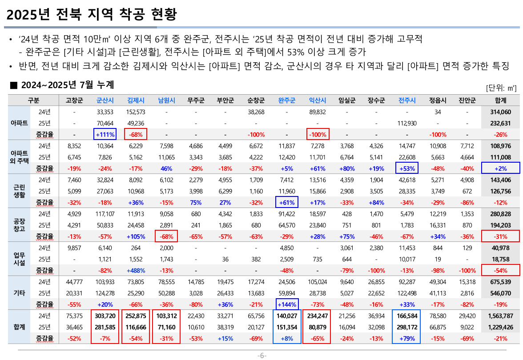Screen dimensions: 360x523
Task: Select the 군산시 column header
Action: pos(105,100)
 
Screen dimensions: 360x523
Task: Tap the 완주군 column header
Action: pos(286,100)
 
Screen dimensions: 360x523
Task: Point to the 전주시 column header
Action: pos(407,100)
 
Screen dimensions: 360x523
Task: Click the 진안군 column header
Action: pos(467,100)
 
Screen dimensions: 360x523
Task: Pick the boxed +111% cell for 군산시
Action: pos(105,134)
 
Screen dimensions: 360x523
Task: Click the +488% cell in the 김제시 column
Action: pos(136,270)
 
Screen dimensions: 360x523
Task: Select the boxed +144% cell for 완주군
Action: pos(286,304)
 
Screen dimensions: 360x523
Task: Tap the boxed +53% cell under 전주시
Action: pos(407,168)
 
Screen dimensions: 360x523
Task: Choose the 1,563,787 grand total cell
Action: pos(500,316)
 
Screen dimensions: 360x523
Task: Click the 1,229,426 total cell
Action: pos(500,327)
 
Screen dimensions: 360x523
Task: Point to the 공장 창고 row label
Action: pos(19,224)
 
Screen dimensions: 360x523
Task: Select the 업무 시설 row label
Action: pos(19,259)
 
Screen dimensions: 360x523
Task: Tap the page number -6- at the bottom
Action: pos(261,356)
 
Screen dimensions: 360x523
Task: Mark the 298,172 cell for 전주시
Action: pos(407,327)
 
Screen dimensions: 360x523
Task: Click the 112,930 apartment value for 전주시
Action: pos(407,123)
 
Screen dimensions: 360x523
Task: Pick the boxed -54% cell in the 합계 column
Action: pos(500,270)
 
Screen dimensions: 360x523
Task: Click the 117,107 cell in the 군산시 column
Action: pos(105,214)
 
